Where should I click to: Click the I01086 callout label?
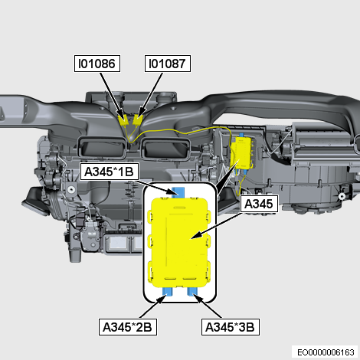coord(97,64)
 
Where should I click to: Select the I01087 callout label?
coord(168,64)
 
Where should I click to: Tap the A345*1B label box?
coord(110,172)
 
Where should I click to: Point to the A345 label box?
coord(259,204)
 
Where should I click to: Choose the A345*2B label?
coord(128,327)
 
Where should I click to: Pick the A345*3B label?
coord(231,327)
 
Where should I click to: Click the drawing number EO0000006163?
coord(326,352)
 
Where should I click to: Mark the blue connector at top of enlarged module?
coord(178,192)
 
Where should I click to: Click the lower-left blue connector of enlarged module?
coord(168,291)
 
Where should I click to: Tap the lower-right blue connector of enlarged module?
coord(192,291)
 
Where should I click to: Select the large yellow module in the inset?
coord(180,242)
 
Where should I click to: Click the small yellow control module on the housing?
coord(242,152)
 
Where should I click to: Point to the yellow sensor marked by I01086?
coord(124,120)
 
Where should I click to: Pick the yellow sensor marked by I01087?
coord(137,119)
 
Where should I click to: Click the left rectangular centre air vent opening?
coord(103,147)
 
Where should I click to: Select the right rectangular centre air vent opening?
coord(166,148)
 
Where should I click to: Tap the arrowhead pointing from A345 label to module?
coord(195,236)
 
